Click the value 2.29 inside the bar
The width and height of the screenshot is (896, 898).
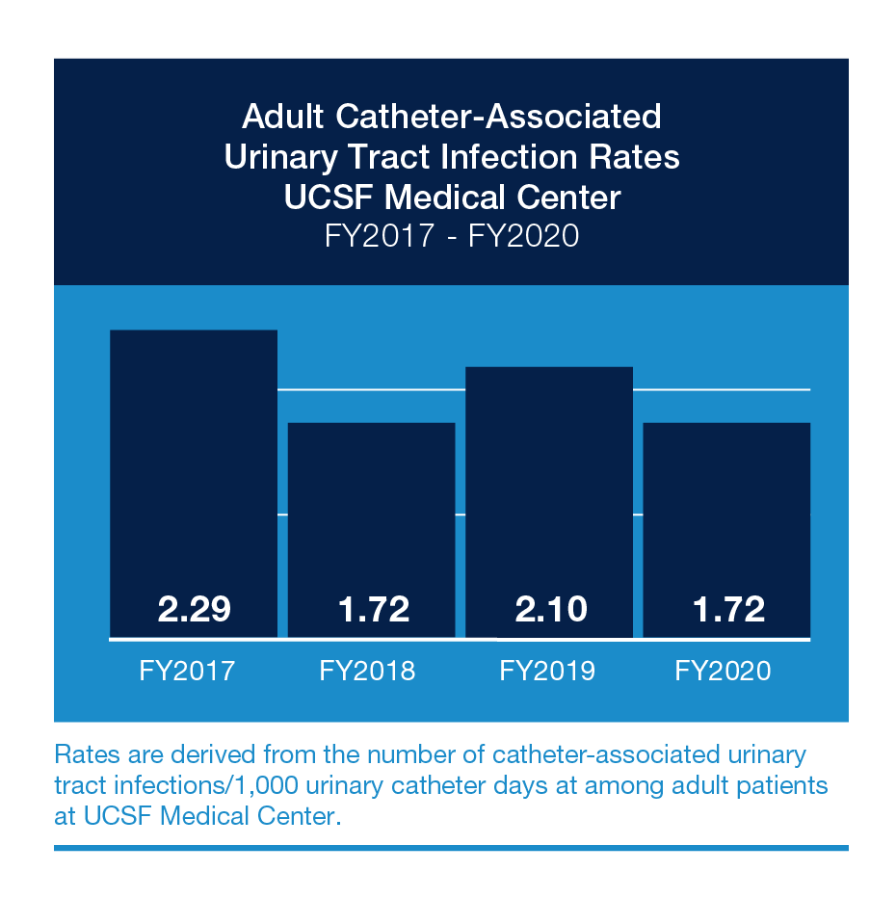click(x=195, y=609)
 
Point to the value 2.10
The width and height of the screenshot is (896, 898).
click(x=549, y=609)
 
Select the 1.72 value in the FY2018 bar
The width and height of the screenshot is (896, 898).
click(x=373, y=609)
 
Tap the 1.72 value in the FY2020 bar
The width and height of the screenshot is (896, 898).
click(x=728, y=609)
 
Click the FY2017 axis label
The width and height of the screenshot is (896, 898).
click(x=187, y=671)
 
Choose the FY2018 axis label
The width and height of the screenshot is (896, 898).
click(x=367, y=671)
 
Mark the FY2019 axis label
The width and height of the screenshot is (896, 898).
click(x=547, y=671)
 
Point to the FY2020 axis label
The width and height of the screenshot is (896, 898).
click(x=724, y=671)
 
